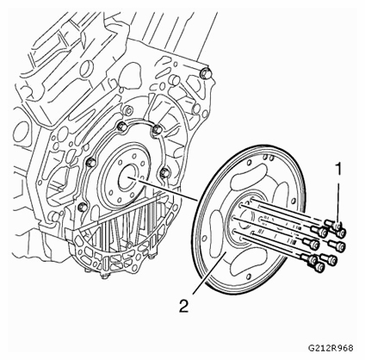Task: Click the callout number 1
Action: [x=339, y=170]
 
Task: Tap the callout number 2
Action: [x=183, y=306]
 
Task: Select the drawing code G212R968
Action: [x=331, y=348]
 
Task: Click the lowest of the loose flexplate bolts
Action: [x=319, y=268]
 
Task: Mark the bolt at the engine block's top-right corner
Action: [x=206, y=73]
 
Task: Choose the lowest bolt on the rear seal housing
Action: [x=83, y=207]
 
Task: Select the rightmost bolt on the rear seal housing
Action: [x=164, y=172]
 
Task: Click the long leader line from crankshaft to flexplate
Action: [x=164, y=189]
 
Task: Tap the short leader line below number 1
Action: [x=339, y=202]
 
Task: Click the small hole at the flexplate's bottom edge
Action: [x=248, y=277]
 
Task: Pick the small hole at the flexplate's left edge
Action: [x=204, y=238]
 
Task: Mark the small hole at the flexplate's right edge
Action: [x=294, y=200]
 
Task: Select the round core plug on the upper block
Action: [x=86, y=69]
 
